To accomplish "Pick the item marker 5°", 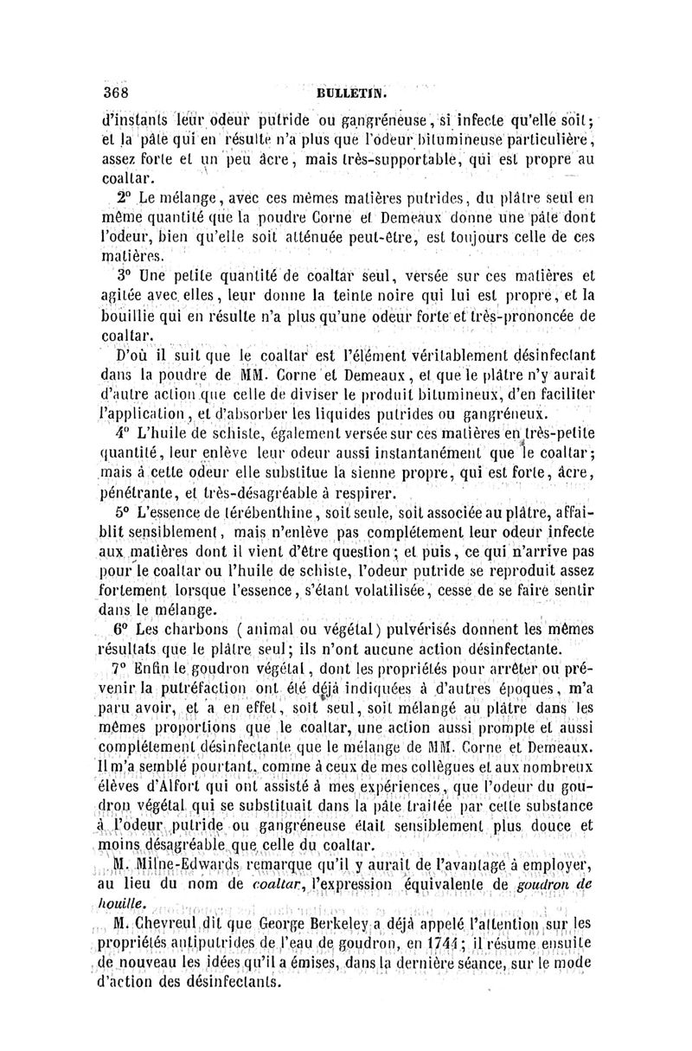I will [124, 513].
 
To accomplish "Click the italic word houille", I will [119, 902].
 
